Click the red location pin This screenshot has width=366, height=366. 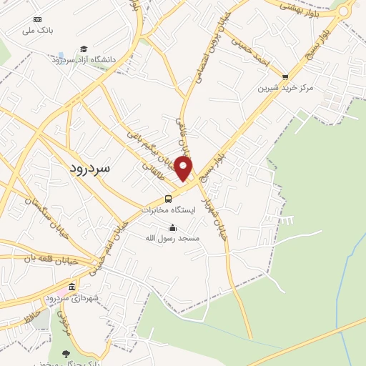click(184, 169)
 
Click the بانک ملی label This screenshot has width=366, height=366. click(38, 31)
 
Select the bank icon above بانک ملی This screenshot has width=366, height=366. click(38, 19)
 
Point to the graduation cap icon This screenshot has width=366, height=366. click(84, 48)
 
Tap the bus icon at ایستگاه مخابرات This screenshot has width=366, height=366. click(168, 199)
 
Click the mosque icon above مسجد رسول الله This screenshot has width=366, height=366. click(172, 228)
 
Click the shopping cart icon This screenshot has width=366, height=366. click(286, 76)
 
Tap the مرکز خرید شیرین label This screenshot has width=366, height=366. click(286, 88)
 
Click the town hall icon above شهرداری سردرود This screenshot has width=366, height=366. click(71, 287)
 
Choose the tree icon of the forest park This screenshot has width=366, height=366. click(66, 354)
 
